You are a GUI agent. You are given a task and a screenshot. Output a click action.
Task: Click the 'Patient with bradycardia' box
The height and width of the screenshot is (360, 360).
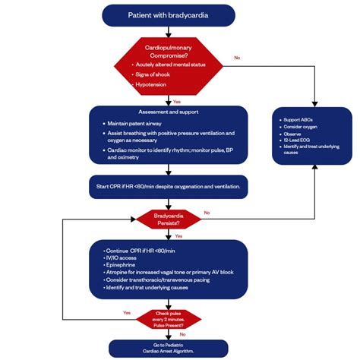[x=168, y=14]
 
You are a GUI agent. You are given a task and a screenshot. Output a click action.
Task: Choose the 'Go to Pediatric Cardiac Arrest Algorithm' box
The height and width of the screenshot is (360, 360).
[x=168, y=349]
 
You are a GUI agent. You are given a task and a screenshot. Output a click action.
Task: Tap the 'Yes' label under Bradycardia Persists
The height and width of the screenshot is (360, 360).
[x=179, y=235]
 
